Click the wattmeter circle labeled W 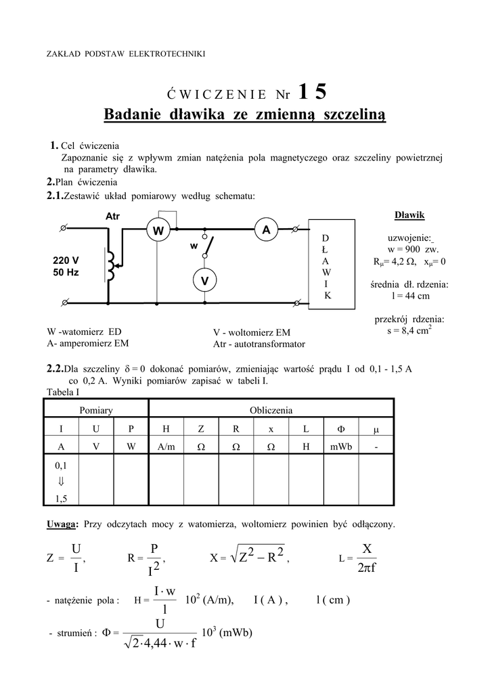click(x=158, y=231)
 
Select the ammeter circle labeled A click(x=266, y=231)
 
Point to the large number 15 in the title click(x=311, y=91)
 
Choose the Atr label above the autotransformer click(x=112, y=217)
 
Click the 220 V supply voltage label click(x=66, y=261)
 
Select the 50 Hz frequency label click(x=66, y=272)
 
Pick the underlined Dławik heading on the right click(x=409, y=215)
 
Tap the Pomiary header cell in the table click(x=95, y=410)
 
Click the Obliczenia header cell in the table click(x=271, y=410)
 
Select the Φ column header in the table click(x=340, y=429)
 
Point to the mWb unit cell click(x=340, y=447)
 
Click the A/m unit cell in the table click(x=166, y=447)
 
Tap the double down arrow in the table click(x=60, y=481)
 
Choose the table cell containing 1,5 click(x=60, y=499)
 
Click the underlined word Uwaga click(x=62, y=524)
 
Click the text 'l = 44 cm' click(x=409, y=296)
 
